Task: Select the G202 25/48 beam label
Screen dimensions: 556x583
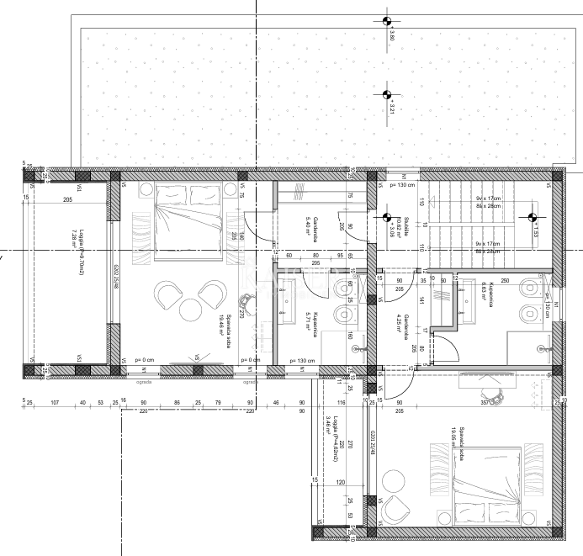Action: (x=116, y=277)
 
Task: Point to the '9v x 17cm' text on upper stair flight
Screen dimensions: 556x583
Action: (x=487, y=198)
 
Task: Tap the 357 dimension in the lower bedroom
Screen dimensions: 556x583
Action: (x=484, y=403)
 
